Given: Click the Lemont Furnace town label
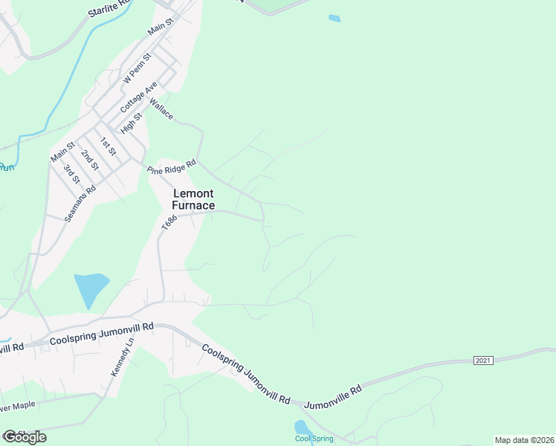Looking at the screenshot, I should pyautogui.click(x=193, y=199).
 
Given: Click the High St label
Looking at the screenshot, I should pyautogui.click(x=132, y=121).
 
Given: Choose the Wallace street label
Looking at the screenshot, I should pyautogui.click(x=161, y=109).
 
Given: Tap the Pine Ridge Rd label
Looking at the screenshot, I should pyautogui.click(x=171, y=166).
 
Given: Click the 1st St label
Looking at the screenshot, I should pyautogui.click(x=109, y=146).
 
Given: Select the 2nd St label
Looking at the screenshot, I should pyautogui.click(x=90, y=158).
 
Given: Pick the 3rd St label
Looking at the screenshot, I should pyautogui.click(x=71, y=173).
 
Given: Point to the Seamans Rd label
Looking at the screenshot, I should pyautogui.click(x=80, y=200).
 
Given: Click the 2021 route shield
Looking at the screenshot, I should pyautogui.click(x=483, y=361).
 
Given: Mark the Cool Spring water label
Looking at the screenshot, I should pyautogui.click(x=314, y=439).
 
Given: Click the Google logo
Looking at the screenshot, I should pyautogui.click(x=25, y=436).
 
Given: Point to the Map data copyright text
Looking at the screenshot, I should pyautogui.click(x=524, y=440).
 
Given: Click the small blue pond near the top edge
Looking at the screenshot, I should pyautogui.click(x=334, y=18).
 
